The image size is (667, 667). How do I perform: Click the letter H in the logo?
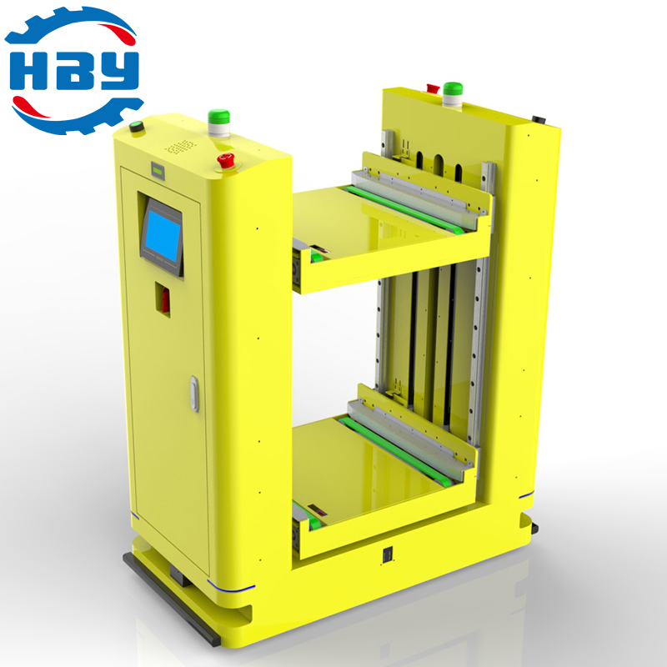click(28, 71)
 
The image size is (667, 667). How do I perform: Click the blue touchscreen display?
click(163, 237)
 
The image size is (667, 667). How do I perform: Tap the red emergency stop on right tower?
click(433, 88)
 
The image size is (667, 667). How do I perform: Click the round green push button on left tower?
click(137, 127)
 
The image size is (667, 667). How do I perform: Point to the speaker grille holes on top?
click(180, 148)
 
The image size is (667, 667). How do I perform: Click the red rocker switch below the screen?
click(165, 299)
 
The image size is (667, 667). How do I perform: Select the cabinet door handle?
click(194, 394)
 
